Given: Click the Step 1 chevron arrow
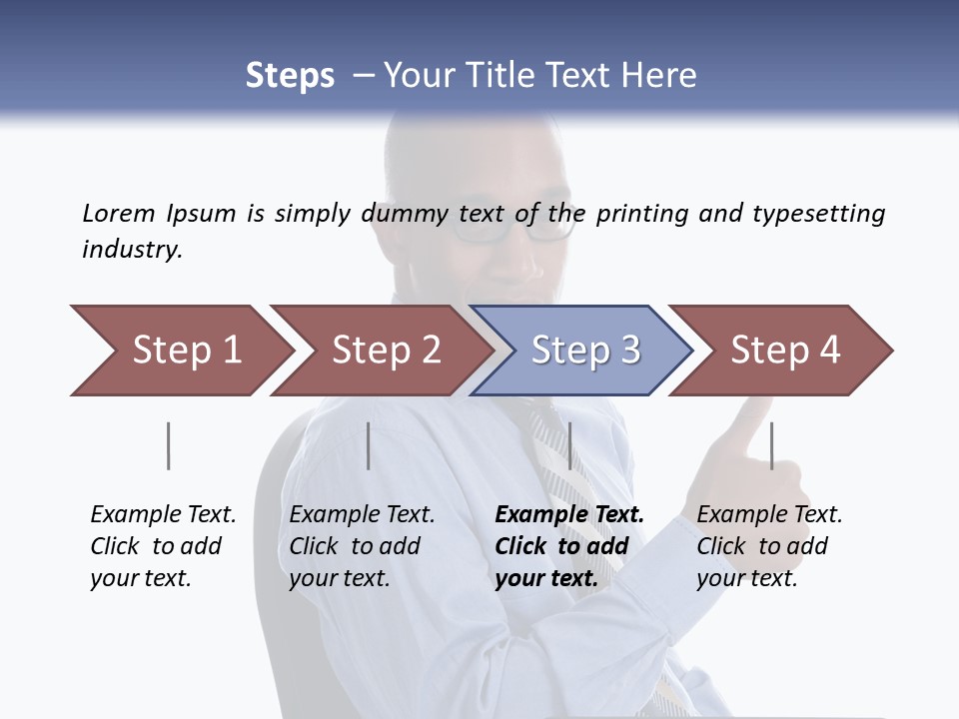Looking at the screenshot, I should click(x=180, y=351).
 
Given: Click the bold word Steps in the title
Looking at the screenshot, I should click(x=290, y=76).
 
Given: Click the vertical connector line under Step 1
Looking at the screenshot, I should click(x=169, y=445).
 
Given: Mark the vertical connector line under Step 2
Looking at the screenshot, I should click(x=369, y=445).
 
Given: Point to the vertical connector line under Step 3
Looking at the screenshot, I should click(x=569, y=445).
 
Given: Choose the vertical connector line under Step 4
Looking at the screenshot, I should click(x=771, y=445).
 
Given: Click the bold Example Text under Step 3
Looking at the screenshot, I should click(x=569, y=515).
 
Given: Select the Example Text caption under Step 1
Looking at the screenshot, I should click(x=163, y=515).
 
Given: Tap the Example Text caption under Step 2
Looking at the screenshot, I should click(x=362, y=515).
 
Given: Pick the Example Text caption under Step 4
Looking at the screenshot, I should click(x=769, y=515).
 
